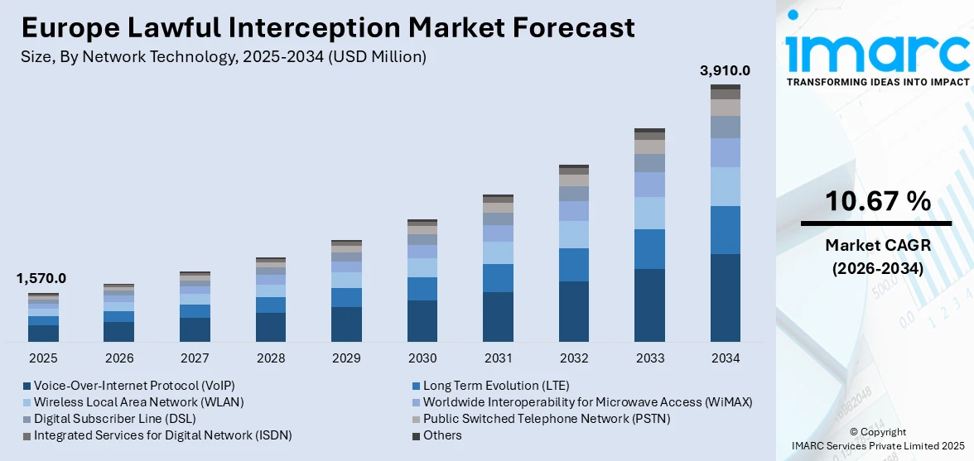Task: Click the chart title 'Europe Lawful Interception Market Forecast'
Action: tap(328, 28)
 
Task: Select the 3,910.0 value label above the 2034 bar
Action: tap(726, 70)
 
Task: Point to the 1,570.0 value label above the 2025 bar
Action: tap(41, 279)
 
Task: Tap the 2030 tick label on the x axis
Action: tap(422, 358)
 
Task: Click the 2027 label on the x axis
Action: tap(195, 358)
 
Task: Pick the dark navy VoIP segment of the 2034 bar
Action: tap(726, 298)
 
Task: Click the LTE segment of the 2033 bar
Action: tap(649, 249)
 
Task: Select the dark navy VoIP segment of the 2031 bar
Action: tap(498, 317)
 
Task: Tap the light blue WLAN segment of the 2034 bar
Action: tap(726, 186)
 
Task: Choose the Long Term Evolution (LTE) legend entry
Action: tap(496, 386)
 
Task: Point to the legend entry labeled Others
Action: tap(442, 435)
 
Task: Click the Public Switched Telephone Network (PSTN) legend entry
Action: tap(546, 419)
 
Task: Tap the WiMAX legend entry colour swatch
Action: tap(417, 403)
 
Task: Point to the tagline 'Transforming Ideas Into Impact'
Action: tap(877, 83)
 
